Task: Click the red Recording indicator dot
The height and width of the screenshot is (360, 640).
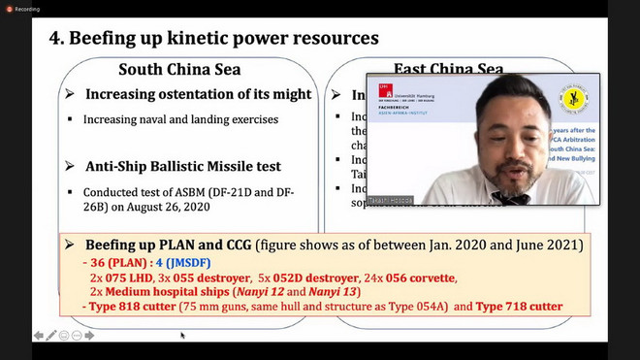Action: (8, 8)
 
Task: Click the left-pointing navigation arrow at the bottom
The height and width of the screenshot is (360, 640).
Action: (38, 336)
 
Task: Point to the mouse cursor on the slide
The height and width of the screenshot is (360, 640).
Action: (181, 336)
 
